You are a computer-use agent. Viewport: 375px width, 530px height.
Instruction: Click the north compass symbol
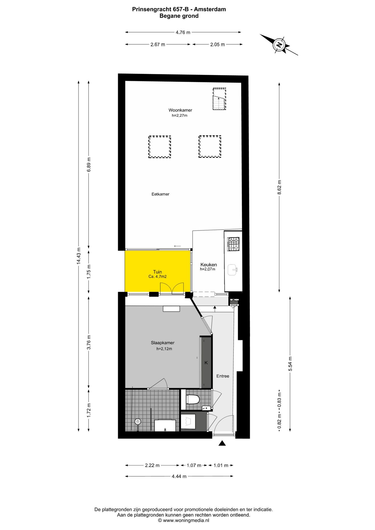tap(279, 45)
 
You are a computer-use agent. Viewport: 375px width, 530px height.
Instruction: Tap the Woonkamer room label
tap(180, 110)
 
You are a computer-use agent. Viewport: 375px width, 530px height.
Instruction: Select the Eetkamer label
tap(160, 194)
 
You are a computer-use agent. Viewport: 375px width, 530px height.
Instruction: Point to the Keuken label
tap(208, 264)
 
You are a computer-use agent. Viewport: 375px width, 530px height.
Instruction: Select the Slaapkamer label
tap(163, 343)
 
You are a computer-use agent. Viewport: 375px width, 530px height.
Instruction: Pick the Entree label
tap(223, 376)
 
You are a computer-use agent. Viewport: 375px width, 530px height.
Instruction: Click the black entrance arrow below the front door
tap(222, 443)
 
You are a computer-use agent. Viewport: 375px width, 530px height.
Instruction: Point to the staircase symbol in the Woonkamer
tap(219, 99)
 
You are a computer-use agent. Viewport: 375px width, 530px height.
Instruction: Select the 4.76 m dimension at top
tap(183, 32)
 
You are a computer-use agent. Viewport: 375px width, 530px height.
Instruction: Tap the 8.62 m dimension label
tap(279, 187)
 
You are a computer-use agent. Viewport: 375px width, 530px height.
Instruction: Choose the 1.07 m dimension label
tap(194, 465)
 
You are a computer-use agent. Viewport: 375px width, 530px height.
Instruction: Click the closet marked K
tap(206, 363)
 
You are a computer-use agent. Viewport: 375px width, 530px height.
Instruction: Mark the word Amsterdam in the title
tap(210, 9)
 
